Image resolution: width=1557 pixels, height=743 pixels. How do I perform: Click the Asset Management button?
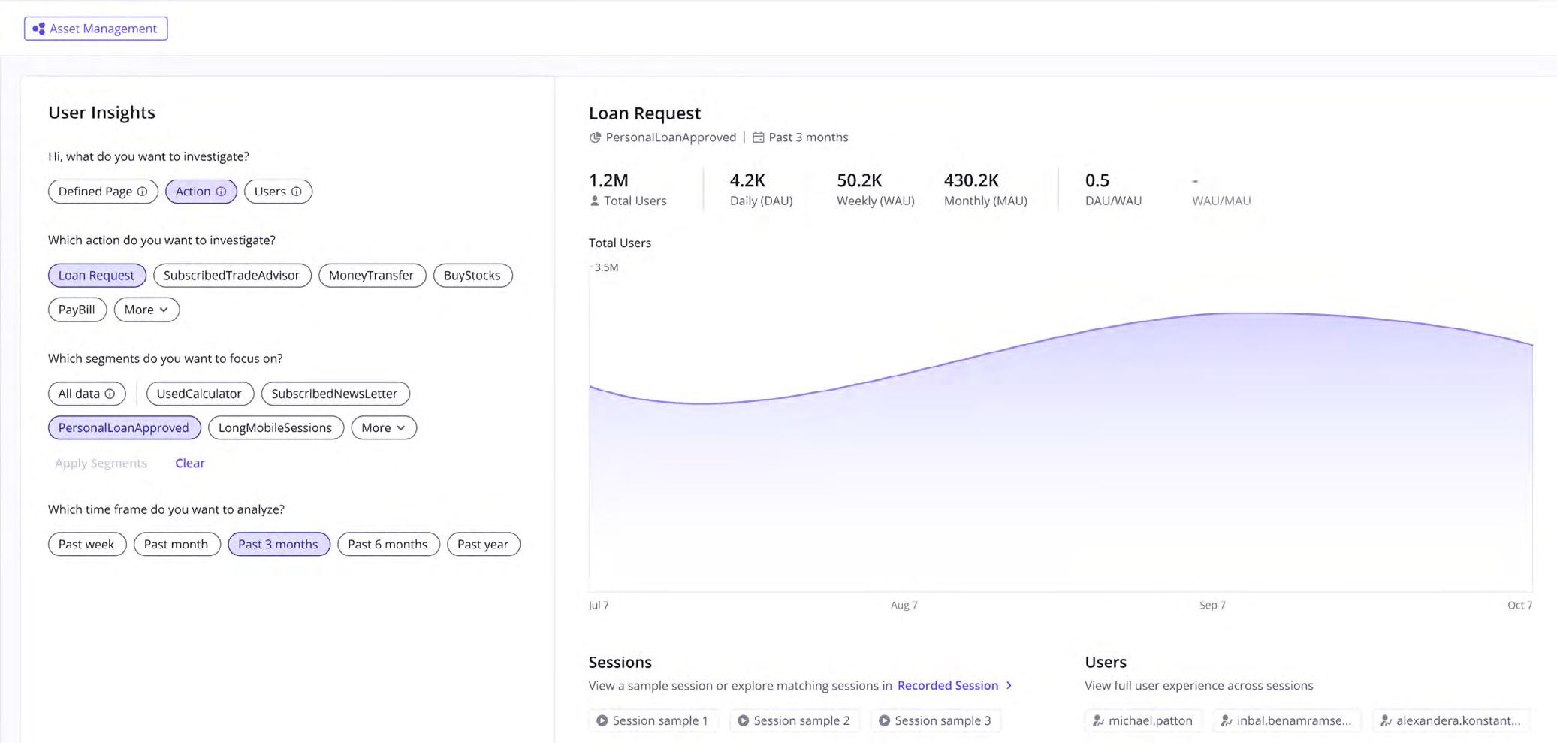click(95, 29)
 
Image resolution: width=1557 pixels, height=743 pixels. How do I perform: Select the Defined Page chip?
click(102, 192)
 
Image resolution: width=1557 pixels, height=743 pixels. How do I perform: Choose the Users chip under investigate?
click(277, 192)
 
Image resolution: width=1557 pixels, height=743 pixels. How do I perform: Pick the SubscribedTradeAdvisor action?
click(231, 276)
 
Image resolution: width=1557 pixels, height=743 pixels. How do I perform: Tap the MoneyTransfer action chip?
click(371, 276)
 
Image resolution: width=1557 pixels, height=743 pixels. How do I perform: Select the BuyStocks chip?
click(472, 276)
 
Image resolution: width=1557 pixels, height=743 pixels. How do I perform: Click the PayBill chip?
click(77, 310)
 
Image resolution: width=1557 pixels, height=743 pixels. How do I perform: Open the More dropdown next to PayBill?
click(146, 310)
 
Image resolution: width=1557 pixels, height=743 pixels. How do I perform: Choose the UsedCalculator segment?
click(199, 394)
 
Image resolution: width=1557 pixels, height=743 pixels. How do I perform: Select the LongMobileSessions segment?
click(275, 428)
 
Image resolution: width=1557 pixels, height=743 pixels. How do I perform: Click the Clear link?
click(189, 464)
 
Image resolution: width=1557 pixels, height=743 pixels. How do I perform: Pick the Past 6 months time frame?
click(388, 545)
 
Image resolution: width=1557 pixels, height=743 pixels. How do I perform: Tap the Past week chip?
click(86, 545)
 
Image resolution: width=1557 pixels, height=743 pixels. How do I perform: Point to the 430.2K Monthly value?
click(971, 181)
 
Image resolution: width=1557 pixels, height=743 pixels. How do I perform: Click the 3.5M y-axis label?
click(606, 268)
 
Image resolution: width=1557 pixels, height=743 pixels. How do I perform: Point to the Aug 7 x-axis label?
click(904, 606)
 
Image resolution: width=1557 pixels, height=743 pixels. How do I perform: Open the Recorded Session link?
click(948, 686)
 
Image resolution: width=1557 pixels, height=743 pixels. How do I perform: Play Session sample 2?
click(794, 721)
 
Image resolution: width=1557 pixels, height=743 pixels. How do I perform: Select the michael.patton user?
click(1142, 721)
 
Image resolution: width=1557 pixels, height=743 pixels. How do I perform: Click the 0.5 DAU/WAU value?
click(1097, 181)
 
